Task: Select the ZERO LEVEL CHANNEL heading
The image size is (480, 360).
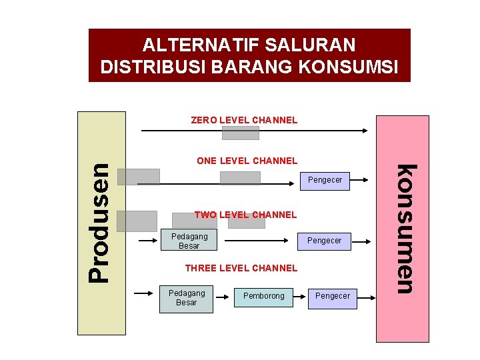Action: pyautogui.click(x=244, y=121)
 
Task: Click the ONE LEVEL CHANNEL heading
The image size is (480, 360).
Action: pyautogui.click(x=247, y=161)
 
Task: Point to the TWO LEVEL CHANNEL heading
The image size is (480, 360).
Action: pyautogui.click(x=245, y=215)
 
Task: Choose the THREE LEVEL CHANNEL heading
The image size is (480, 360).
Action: pyautogui.click(x=241, y=268)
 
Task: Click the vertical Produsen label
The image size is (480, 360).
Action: pyautogui.click(x=101, y=222)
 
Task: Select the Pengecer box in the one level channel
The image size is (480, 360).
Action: pyautogui.click(x=325, y=180)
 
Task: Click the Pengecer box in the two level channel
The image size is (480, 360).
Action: pyautogui.click(x=324, y=241)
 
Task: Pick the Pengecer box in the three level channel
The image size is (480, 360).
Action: pyautogui.click(x=332, y=296)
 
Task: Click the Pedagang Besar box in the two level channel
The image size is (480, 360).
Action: pyautogui.click(x=189, y=241)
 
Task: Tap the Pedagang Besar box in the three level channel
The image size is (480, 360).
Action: pyautogui.click(x=187, y=298)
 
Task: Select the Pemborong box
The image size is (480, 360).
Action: pyautogui.click(x=263, y=296)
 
